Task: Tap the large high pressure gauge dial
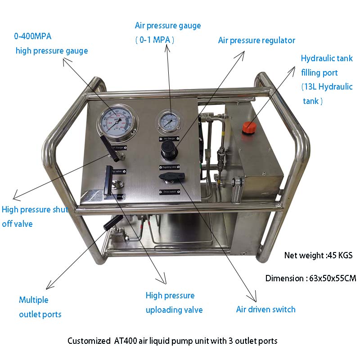pyautogui.click(x=115, y=122)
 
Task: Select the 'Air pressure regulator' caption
pyautogui.click(x=256, y=40)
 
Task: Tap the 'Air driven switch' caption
pyautogui.click(x=265, y=310)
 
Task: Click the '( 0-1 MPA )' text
pyautogui.click(x=155, y=40)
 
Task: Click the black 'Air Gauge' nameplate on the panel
pyautogui.click(x=169, y=139)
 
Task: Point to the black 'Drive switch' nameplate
pyautogui.click(x=169, y=192)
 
